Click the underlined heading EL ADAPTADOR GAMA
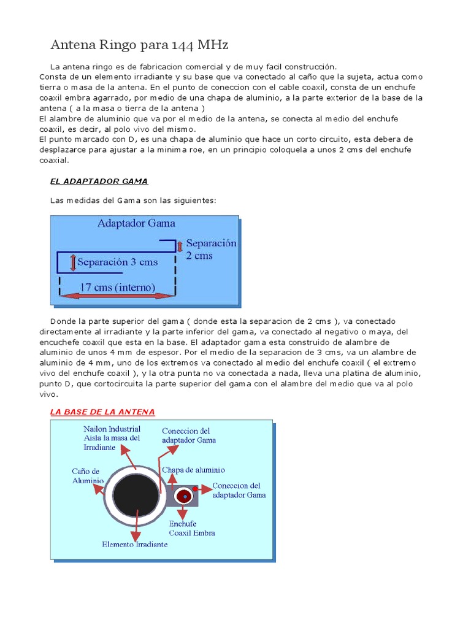(x=99, y=181)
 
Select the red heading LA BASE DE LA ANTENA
(x=102, y=412)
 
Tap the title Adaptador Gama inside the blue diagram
(x=136, y=223)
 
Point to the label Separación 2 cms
(x=210, y=249)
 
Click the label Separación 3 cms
(x=118, y=262)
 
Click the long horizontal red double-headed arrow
(x=117, y=296)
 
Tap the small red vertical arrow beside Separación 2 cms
(x=180, y=246)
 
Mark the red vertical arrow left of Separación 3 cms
(x=73, y=263)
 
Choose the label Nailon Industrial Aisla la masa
(x=112, y=438)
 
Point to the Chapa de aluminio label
(x=193, y=470)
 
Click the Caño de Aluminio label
(x=87, y=476)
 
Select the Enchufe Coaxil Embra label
(x=192, y=528)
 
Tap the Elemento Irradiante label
(x=134, y=544)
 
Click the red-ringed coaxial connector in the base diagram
(x=183, y=496)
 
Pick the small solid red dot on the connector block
(x=195, y=489)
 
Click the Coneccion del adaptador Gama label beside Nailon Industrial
(x=188, y=435)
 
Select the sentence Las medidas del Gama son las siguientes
(x=132, y=201)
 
